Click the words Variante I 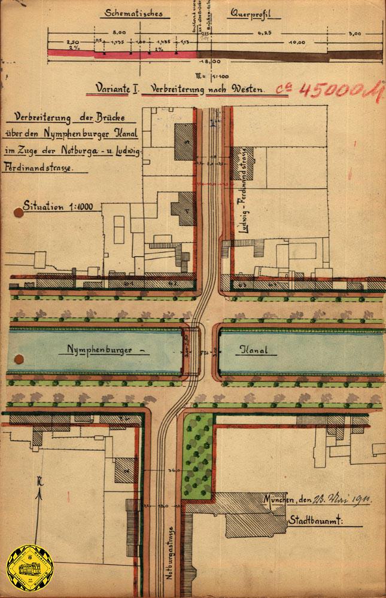117,89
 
